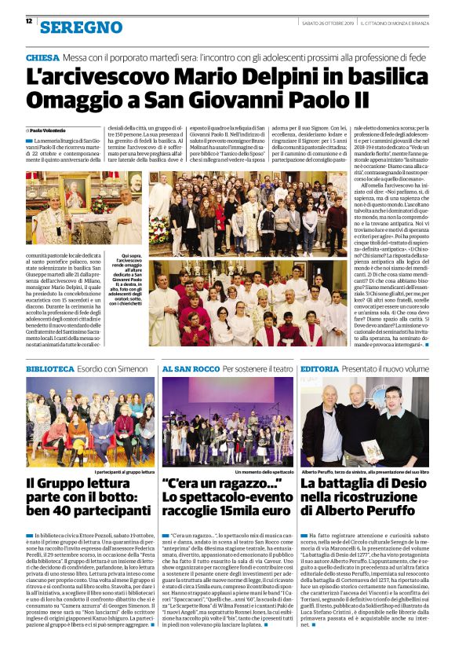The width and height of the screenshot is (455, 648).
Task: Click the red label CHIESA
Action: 42,59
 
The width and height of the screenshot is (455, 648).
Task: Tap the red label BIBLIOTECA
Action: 50,368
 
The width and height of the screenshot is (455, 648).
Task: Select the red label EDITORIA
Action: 320,368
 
